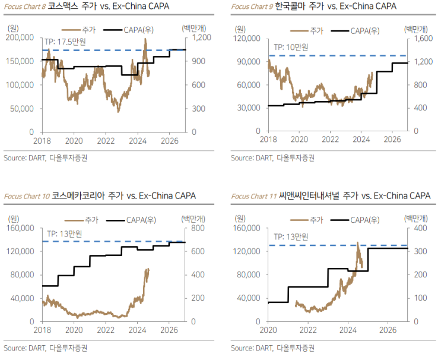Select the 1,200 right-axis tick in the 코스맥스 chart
[x=200, y=37]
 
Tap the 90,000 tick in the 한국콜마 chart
[x=248, y=61]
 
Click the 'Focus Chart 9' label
[x=251, y=7]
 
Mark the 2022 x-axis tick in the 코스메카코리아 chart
[x=106, y=330]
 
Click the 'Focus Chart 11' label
[x=253, y=195]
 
